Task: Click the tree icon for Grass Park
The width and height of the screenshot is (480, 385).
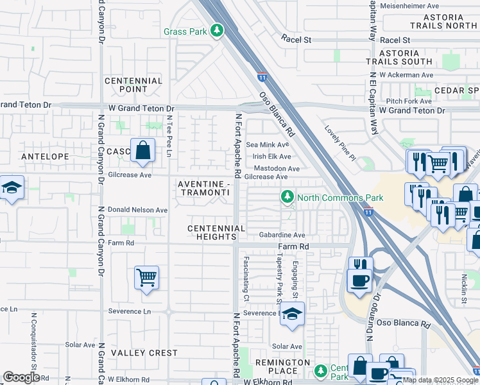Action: [x=218, y=31]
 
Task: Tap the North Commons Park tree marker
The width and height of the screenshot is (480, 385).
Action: [x=288, y=197]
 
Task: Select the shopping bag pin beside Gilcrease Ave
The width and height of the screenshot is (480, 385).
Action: [x=142, y=152]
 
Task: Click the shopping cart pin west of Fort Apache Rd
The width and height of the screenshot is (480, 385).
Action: [x=146, y=278]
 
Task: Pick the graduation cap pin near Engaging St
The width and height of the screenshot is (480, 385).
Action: [x=292, y=314]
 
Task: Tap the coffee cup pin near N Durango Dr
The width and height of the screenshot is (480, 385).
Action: [x=359, y=280]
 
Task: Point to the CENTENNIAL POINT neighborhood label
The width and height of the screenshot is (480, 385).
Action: [x=133, y=85]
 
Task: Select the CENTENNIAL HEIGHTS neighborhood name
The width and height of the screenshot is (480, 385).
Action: [x=216, y=232]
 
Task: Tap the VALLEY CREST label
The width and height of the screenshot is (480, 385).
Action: [x=144, y=353]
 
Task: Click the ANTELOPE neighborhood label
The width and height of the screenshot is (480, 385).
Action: [x=40, y=156]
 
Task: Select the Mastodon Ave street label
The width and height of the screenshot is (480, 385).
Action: [x=276, y=169]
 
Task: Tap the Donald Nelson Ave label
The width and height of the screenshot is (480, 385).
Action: [x=137, y=210]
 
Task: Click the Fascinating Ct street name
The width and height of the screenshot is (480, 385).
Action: [x=246, y=276]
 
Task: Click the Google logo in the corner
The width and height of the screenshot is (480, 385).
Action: [x=21, y=377]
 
